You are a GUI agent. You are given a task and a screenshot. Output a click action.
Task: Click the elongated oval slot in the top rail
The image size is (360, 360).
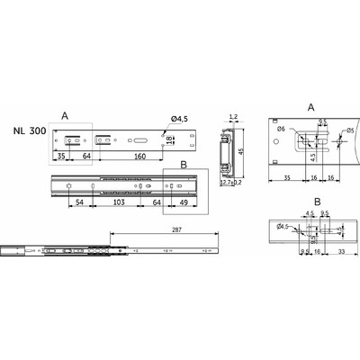[142, 139]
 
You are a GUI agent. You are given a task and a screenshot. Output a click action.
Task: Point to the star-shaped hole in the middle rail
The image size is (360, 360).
[68, 185]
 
